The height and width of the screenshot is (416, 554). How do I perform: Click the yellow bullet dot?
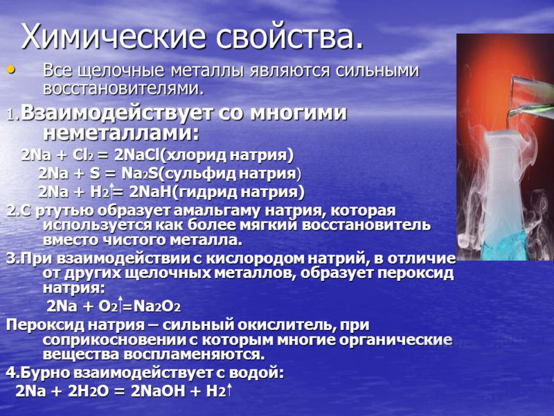pos(12,70)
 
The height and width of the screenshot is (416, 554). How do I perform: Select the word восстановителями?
pos(123,89)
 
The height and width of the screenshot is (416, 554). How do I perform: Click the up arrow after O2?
pos(120,304)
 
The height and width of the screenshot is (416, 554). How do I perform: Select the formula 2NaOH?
pos(158,391)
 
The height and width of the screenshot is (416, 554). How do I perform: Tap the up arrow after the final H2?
pos(229,390)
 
